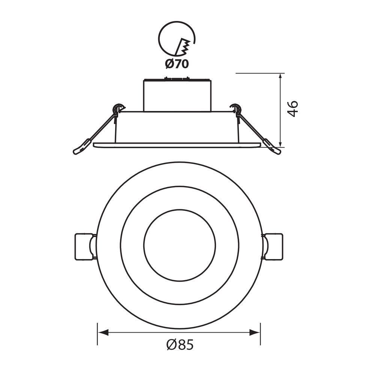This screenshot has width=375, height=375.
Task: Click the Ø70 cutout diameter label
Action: click(x=177, y=64)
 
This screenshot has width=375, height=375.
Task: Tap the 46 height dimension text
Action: click(x=292, y=109)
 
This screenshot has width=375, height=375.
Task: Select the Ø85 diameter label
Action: click(x=180, y=345)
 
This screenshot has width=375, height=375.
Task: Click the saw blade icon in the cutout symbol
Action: click(x=183, y=46)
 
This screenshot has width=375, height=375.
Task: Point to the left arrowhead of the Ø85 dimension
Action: click(x=103, y=332)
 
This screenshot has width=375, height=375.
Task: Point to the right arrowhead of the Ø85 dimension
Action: click(x=255, y=332)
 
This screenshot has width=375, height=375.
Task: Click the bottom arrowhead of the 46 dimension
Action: click(x=281, y=142)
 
